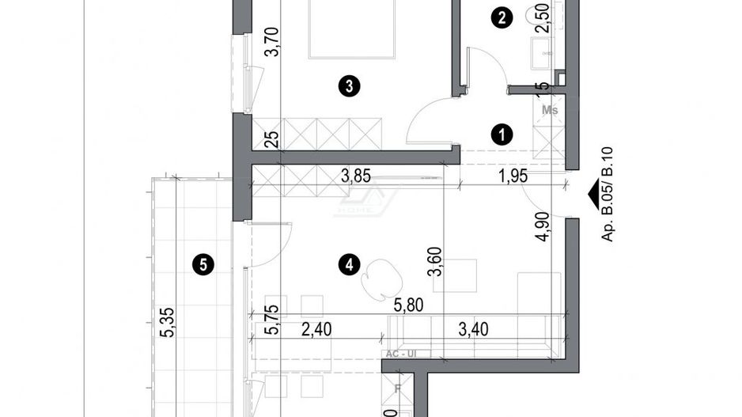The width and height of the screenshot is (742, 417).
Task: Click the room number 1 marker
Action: pos(500,135)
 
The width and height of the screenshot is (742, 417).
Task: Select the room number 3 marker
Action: pos(344,85)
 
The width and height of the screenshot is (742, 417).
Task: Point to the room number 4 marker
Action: pos(345,266)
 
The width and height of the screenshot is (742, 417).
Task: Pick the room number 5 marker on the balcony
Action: pos(203,266)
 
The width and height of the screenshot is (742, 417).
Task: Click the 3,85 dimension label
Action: pos(356,176)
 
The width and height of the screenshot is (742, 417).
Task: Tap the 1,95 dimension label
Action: pos(514,176)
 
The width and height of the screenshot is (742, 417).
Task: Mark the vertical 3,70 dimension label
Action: pos(271,41)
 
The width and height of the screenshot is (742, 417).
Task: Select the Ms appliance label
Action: pos(550,111)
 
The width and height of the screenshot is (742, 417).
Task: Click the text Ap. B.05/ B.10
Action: pos(608,203)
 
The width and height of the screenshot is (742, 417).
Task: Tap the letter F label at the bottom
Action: pos(398,390)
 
